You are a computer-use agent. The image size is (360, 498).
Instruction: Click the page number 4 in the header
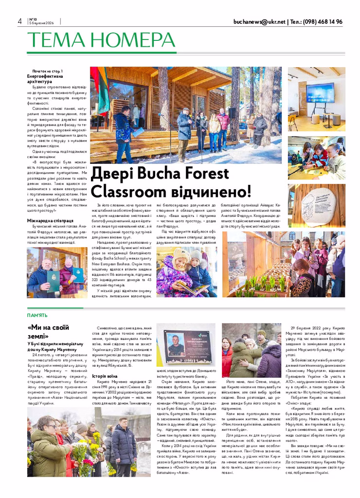[x=19, y=21]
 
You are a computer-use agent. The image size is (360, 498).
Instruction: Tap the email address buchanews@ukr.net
[x=259, y=22]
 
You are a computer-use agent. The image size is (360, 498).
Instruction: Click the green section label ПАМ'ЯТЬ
[x=37, y=315]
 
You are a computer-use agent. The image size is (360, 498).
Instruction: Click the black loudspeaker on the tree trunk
[x=233, y=113]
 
